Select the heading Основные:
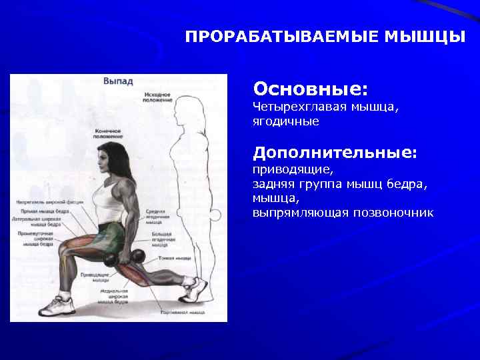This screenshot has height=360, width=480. pos(311,89)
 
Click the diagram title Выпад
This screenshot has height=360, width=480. pos(118,81)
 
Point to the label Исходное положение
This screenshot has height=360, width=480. pos(157,98)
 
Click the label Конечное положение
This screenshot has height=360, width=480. pos(107,134)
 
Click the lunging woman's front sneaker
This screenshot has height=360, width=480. pos(56,306)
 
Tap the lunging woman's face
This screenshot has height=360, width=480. pos(103,164)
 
